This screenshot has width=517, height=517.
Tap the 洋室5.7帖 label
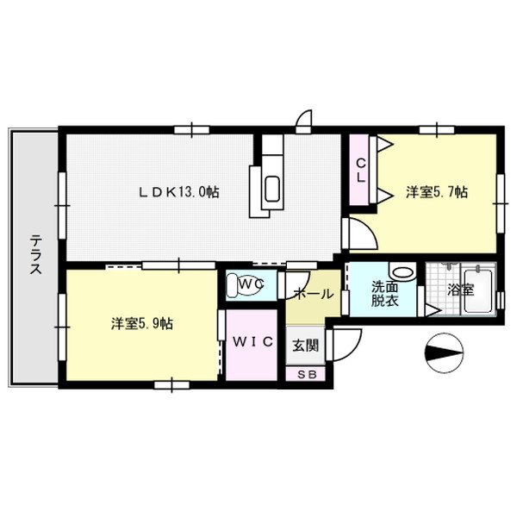click(x=437, y=192)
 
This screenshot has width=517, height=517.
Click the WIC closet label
click(x=253, y=342)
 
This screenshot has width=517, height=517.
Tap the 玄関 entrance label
click(x=304, y=346)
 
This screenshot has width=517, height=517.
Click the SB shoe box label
click(x=307, y=375)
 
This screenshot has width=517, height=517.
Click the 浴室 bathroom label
click(x=463, y=290)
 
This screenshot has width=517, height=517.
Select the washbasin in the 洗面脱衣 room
click(x=401, y=269)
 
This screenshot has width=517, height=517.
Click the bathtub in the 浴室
click(x=483, y=291)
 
